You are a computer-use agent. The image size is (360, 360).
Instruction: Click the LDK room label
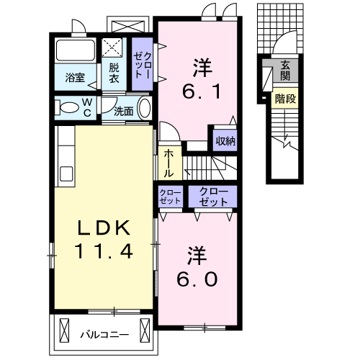(x=104, y=229)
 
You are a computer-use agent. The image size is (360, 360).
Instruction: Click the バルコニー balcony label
(x=104, y=334)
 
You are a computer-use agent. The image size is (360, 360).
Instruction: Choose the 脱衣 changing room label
(x=114, y=72)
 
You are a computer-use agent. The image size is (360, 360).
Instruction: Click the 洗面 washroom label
(x=123, y=111)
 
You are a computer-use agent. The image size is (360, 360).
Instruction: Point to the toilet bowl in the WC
(x=68, y=109)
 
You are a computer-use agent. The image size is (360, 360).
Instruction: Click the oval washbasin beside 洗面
(x=144, y=109)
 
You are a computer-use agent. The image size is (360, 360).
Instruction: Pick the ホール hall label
(x=168, y=163)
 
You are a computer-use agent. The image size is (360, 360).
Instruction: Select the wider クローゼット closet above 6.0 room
(x=212, y=197)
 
